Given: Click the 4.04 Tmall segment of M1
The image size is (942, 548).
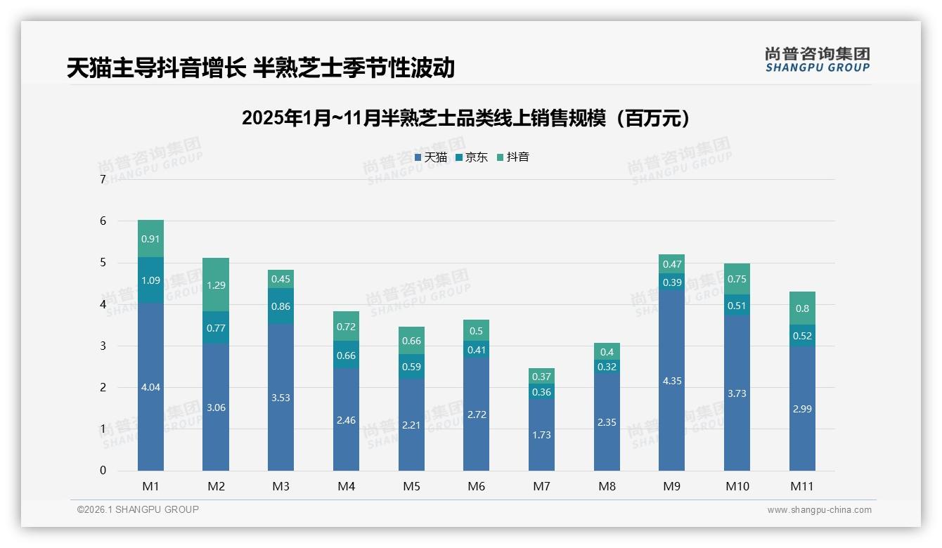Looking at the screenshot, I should pyautogui.click(x=150, y=387).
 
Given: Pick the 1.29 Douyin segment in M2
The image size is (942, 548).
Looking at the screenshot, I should pyautogui.click(x=216, y=285).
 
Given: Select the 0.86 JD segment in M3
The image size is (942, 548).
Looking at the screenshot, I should pyautogui.click(x=280, y=306).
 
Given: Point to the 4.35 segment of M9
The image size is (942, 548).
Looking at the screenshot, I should pyautogui.click(x=671, y=381).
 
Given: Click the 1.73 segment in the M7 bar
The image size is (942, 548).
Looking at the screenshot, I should pyautogui.click(x=541, y=435).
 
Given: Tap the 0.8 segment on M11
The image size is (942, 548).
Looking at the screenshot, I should pyautogui.click(x=802, y=308).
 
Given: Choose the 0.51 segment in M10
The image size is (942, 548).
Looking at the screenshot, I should pyautogui.click(x=737, y=305).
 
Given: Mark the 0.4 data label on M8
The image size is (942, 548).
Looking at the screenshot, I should pyautogui.click(x=607, y=352).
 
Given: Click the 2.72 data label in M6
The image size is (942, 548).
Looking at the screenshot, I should pyautogui.click(x=477, y=415).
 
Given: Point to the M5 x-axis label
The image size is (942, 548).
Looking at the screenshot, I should pyautogui.click(x=411, y=486).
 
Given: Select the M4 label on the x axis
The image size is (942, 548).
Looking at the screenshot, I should pyautogui.click(x=346, y=486).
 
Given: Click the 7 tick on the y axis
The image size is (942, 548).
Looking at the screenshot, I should pyautogui.click(x=103, y=180).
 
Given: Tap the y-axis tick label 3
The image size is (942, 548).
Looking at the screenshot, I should pyautogui.click(x=103, y=346).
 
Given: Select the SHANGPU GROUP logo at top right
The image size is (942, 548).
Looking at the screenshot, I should pyautogui.click(x=817, y=60).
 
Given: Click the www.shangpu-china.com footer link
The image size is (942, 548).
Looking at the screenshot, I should pyautogui.click(x=819, y=510).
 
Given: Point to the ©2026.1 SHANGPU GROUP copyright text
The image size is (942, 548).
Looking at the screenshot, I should pyautogui.click(x=138, y=509).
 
